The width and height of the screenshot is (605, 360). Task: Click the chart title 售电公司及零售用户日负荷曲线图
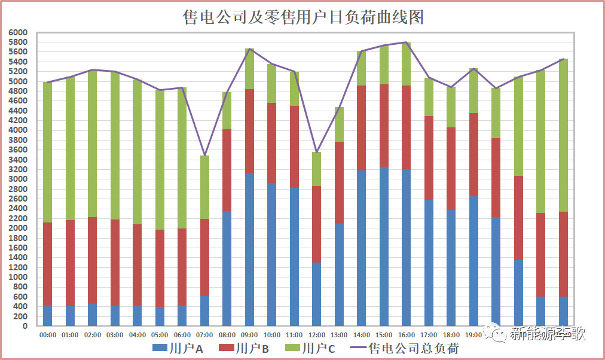302,17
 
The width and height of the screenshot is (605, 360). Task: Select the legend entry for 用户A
179,348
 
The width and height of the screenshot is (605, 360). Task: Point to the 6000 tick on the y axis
19,32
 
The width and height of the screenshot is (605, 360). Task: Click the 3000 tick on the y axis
19,179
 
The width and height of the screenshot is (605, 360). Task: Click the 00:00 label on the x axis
47,335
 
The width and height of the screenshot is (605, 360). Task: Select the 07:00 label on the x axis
204,335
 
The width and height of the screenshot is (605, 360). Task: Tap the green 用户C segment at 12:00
317,169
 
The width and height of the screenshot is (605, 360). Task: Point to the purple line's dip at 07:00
204,155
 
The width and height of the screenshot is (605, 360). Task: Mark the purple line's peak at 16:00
407,42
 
